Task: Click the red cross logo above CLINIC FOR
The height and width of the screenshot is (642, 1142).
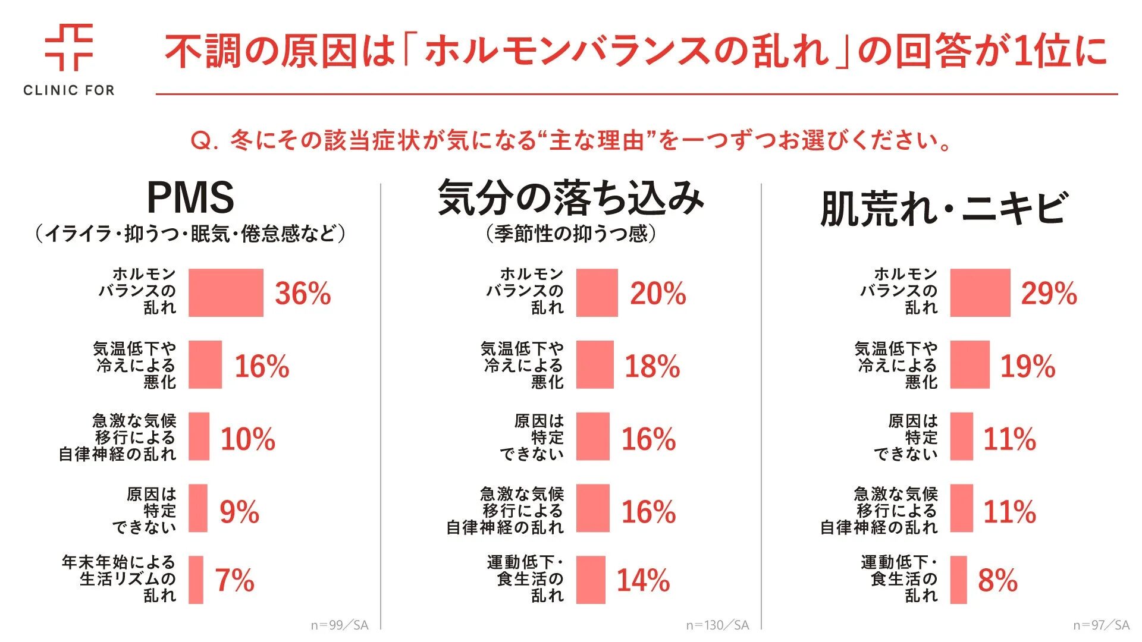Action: tap(69, 48)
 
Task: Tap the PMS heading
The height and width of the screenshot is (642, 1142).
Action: tap(190, 197)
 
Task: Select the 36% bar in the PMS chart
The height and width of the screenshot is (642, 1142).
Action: tap(225, 292)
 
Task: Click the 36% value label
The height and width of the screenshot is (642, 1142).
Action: tap(303, 294)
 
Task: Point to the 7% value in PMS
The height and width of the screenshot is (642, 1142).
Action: tap(234, 581)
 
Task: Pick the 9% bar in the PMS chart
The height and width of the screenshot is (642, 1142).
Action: tap(198, 508)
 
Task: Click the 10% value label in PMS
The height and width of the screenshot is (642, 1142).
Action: tap(248, 439)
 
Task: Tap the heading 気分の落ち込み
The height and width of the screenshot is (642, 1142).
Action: tap(570, 198)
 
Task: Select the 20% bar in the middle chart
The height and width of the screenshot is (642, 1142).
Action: tap(597, 292)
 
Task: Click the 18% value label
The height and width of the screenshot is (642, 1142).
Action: tap(652, 366)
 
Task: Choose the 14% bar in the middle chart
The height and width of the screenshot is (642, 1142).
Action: tap(591, 580)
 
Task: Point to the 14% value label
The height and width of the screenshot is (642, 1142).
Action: tap(643, 581)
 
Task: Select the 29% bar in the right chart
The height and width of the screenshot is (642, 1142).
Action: tap(980, 292)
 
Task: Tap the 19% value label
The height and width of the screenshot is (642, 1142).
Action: tap(1027, 366)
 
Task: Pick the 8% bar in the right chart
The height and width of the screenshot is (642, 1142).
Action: tap(958, 580)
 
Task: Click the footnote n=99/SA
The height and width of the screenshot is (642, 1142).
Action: tap(339, 625)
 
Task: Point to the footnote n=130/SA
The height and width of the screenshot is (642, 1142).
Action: tap(717, 625)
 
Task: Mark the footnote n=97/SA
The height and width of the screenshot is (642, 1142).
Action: tap(1101, 625)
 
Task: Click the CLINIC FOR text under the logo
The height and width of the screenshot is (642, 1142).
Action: tap(69, 90)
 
